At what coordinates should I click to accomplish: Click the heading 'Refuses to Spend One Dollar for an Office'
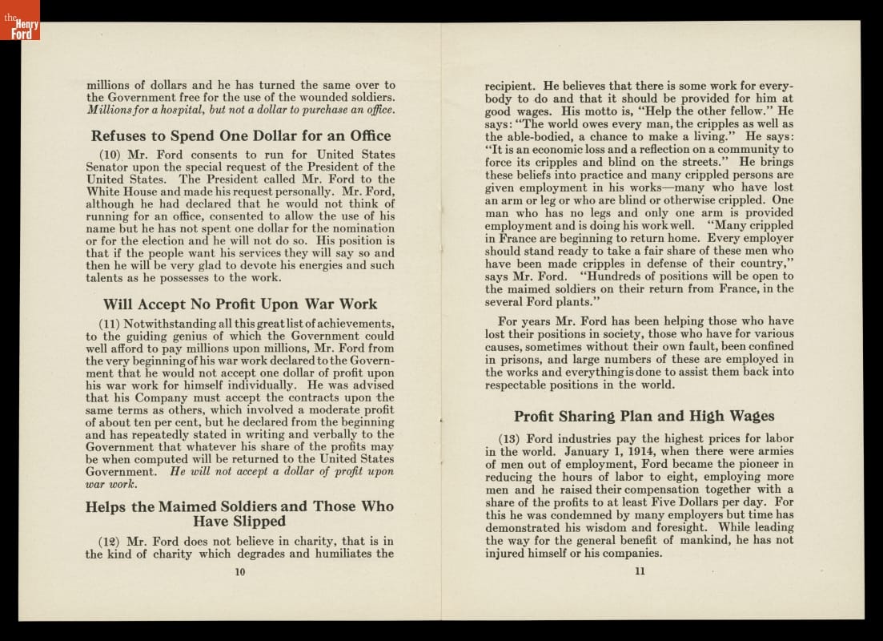pos(240,135)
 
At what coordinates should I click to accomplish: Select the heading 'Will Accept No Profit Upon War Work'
pos(240,304)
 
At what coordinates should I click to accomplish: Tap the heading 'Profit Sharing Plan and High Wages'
pos(644,416)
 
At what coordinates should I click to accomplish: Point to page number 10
pos(240,571)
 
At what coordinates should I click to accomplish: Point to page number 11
pos(639,571)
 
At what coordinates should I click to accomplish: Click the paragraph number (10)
pos(110,155)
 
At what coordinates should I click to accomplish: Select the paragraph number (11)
pos(109,324)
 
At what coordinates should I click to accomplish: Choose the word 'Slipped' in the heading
pos(259,522)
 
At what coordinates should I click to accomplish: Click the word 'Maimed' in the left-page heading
pos(187,506)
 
